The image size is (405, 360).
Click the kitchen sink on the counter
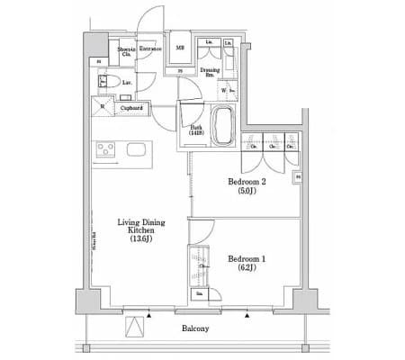pyautogui.click(x=136, y=149)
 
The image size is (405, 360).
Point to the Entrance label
pyautogui.click(x=149, y=49)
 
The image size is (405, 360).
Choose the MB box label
pyautogui.click(x=180, y=49)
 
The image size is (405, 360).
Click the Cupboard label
pyautogui.click(x=131, y=108)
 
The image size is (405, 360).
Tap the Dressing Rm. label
pyautogui.click(x=210, y=72)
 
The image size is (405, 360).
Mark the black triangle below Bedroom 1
pyautogui.click(x=247, y=315)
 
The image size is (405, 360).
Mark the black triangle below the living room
pyautogui.click(x=148, y=315)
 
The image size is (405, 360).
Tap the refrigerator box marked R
pyautogui.click(x=103, y=108)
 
